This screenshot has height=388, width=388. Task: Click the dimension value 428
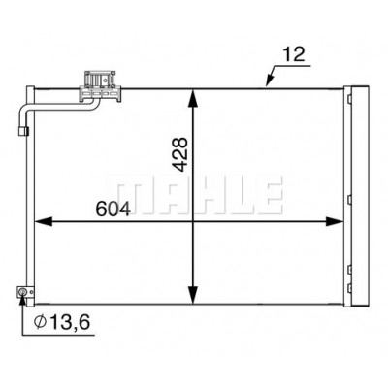[180, 154]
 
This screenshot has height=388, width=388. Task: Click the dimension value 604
[113, 209]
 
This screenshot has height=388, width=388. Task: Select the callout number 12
[294, 54]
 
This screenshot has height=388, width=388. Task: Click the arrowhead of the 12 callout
[270, 81]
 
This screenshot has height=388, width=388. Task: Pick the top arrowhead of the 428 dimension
[193, 98]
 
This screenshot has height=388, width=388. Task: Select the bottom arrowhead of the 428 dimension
[193, 295]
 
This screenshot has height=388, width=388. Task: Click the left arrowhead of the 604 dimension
[43, 222]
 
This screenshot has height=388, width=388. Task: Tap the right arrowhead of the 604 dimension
[335, 222]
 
